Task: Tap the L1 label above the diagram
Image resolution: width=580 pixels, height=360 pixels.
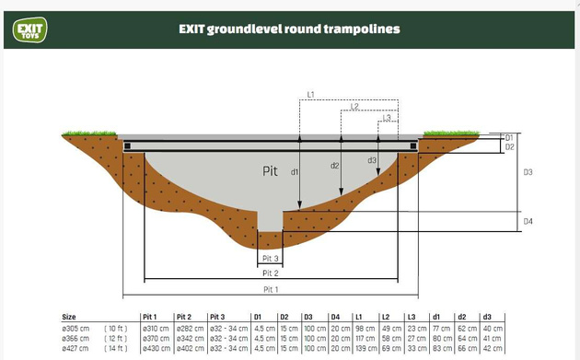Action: (310, 94)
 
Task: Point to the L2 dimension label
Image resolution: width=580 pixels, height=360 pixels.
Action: (354, 107)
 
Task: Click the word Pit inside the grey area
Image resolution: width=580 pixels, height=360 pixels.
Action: (270, 171)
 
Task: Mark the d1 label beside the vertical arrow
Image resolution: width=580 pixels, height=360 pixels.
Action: (294, 172)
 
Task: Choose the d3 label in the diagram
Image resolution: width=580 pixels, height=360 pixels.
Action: (372, 160)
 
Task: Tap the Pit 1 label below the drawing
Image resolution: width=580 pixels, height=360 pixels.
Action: (270, 288)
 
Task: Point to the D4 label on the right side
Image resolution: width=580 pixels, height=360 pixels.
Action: (528, 222)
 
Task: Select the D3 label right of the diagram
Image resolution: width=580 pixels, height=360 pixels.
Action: (528, 172)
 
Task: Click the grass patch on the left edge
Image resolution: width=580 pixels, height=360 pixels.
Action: (84, 134)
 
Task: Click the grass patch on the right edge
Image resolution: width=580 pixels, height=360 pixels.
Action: (448, 133)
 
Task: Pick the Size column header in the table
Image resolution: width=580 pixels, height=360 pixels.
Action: (70, 318)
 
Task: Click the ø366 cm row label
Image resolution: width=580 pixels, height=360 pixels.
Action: (75, 338)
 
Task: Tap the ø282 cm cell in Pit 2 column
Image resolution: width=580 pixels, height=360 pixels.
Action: (189, 328)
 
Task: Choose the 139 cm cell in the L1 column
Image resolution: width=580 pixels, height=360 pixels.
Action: (364, 348)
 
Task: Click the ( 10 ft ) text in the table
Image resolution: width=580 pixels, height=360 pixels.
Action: (117, 328)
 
